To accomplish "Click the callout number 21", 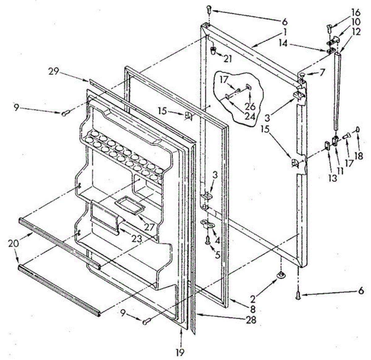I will point(228,59).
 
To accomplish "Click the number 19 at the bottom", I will point(181,352).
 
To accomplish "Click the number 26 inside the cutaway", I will point(250,106).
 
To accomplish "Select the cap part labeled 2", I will point(281,274).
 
